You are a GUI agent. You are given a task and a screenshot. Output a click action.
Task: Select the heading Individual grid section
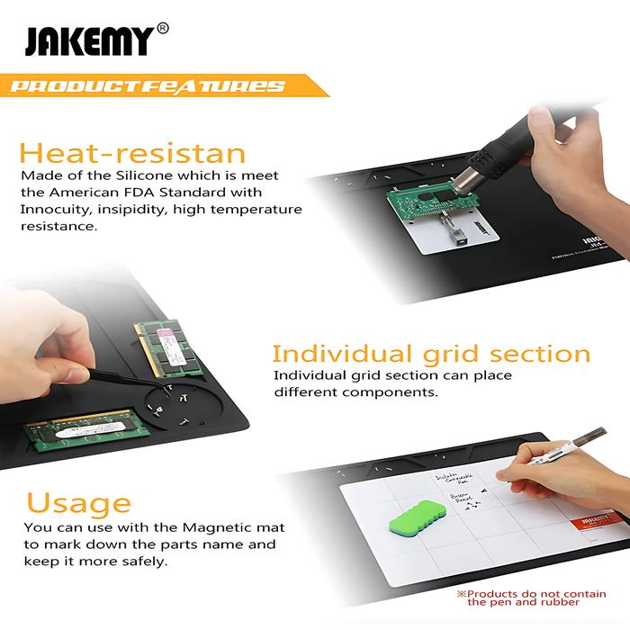431,353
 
